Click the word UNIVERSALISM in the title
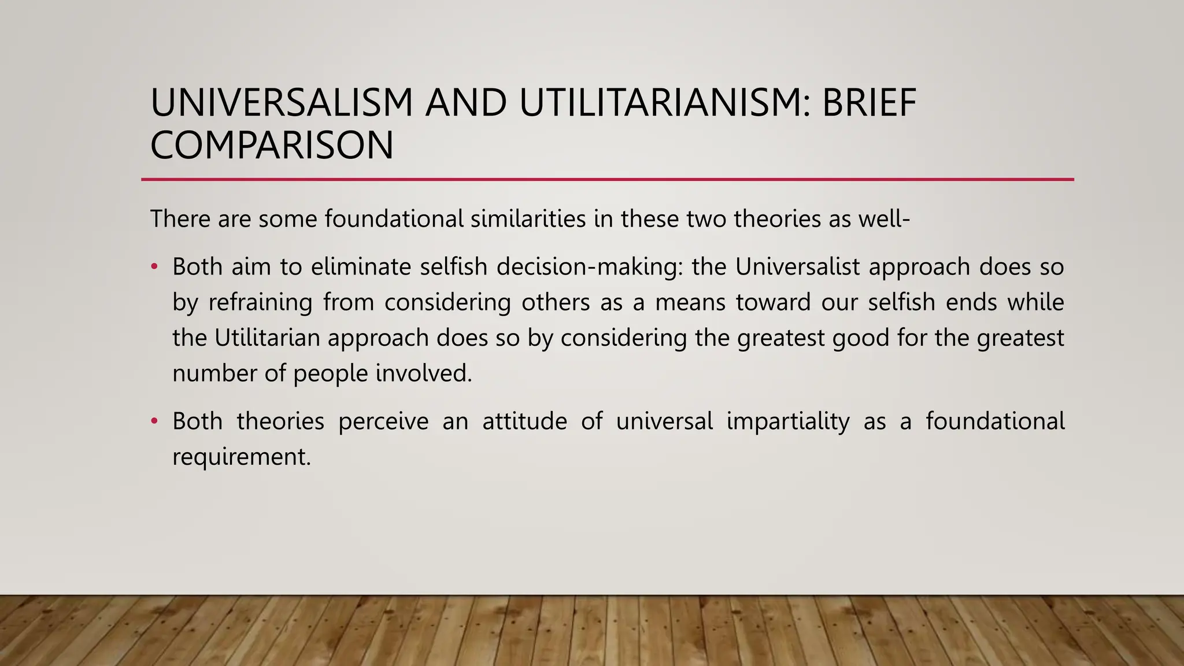click(x=282, y=103)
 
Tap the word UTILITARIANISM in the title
click(x=665, y=103)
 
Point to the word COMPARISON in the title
click(x=272, y=145)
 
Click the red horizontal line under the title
click(x=607, y=180)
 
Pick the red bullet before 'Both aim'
click(x=154, y=267)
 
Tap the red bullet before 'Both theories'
click(x=154, y=421)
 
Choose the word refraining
click(x=260, y=302)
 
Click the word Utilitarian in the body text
click(x=267, y=338)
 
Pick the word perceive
click(x=383, y=421)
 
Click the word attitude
click(x=524, y=421)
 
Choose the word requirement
click(x=242, y=457)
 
